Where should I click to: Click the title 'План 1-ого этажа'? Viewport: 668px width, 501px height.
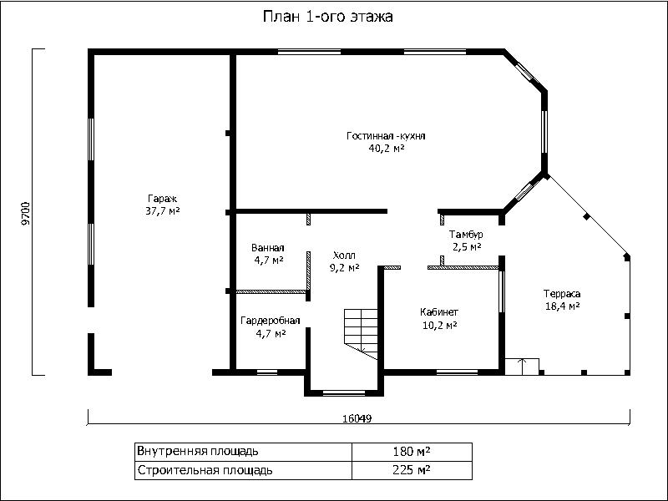[327, 17]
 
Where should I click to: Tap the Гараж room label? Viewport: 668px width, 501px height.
[162, 199]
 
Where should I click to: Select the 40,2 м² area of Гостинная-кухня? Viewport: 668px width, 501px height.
[387, 149]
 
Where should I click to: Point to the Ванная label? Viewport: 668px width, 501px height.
[267, 248]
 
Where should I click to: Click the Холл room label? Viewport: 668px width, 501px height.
[344, 256]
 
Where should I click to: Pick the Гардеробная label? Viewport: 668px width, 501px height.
[271, 321]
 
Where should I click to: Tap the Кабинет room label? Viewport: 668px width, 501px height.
[439, 312]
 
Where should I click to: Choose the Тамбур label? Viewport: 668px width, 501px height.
[466, 235]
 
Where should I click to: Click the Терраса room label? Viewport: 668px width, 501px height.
[562, 294]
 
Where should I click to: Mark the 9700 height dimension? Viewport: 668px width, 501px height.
[26, 213]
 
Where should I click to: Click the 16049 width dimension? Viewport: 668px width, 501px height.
[357, 418]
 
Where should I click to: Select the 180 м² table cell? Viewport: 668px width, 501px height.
[412, 451]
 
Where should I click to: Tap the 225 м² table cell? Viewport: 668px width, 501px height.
[412, 470]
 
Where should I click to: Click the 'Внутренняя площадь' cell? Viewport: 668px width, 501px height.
[243, 452]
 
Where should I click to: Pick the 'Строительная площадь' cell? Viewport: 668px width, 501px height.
[243, 470]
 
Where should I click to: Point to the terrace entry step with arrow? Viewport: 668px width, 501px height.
[523, 367]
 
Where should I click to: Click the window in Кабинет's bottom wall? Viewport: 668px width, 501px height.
[457, 372]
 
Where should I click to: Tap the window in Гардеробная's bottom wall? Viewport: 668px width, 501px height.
[267, 372]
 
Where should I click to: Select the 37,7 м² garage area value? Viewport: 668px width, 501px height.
[162, 211]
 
